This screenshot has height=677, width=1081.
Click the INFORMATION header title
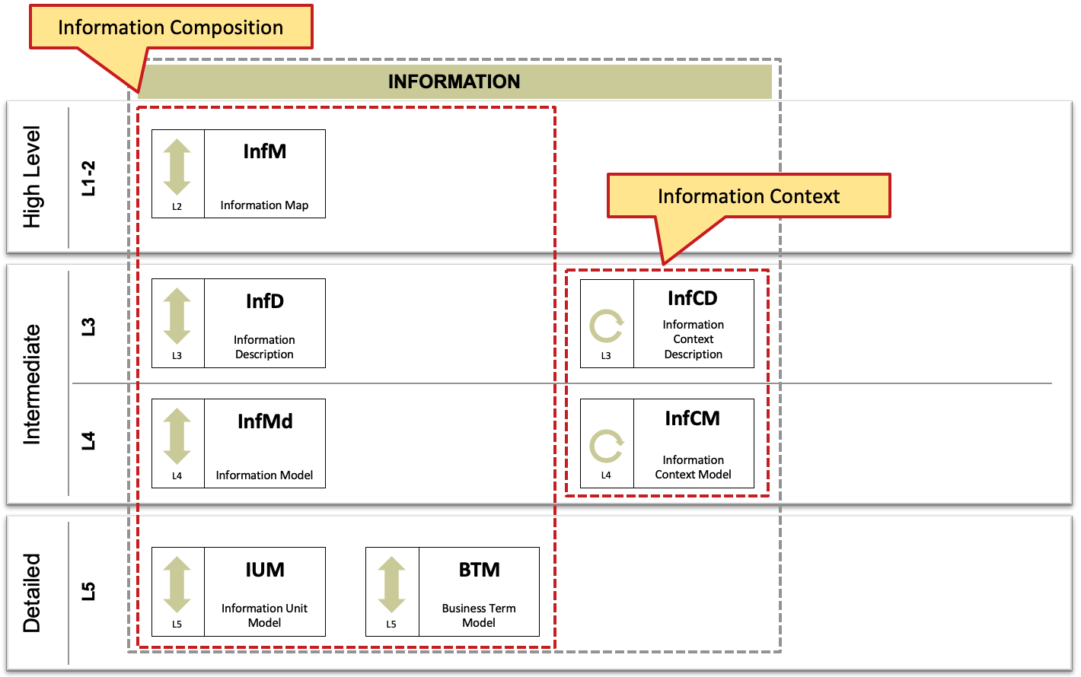click(x=454, y=81)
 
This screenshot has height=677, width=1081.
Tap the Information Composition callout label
click(x=171, y=27)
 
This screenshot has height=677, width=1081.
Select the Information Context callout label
click(x=748, y=196)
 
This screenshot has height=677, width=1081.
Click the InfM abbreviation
click(x=264, y=151)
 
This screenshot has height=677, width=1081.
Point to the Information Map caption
click(x=264, y=205)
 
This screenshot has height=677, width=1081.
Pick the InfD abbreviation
click(x=264, y=301)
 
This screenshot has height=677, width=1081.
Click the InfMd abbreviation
click(x=265, y=421)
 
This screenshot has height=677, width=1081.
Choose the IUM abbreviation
click(x=264, y=570)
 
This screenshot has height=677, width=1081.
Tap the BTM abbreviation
click(x=479, y=570)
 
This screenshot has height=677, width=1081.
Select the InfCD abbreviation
click(x=693, y=298)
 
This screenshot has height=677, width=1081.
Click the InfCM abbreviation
click(x=693, y=418)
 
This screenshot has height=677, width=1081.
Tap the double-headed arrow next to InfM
click(x=177, y=167)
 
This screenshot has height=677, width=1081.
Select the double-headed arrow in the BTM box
click(x=391, y=584)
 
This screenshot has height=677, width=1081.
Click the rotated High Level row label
click(x=32, y=177)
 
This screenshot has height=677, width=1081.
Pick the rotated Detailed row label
click(x=32, y=593)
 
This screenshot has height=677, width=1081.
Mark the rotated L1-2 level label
click(x=88, y=179)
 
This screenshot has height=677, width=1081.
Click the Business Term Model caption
click(x=479, y=615)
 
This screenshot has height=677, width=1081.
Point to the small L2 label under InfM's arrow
click(x=177, y=206)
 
